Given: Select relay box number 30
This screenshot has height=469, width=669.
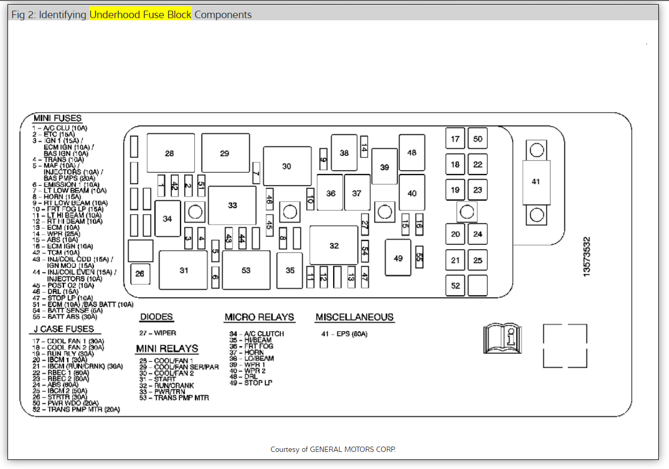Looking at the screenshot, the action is click(x=287, y=166).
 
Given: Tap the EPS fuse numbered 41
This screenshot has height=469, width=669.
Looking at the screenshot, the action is click(x=536, y=181).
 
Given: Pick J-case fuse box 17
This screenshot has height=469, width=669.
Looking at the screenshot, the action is click(x=455, y=139).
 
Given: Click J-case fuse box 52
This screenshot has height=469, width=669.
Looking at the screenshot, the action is click(x=455, y=285).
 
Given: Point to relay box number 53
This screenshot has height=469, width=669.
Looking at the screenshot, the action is click(x=246, y=270).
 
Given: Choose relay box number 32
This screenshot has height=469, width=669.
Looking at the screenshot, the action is click(x=334, y=245).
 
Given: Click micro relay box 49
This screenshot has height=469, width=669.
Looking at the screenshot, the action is click(x=398, y=258).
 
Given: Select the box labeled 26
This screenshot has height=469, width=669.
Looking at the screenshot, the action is click(x=140, y=274).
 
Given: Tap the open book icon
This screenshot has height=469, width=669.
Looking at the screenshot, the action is click(x=501, y=338).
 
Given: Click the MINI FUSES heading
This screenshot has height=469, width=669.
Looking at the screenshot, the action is click(x=58, y=118).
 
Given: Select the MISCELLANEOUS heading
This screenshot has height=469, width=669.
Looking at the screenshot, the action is click(x=355, y=317).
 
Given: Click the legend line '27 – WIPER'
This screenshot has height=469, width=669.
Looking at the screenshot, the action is click(x=158, y=333).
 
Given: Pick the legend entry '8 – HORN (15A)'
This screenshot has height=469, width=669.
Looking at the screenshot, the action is click(x=57, y=196).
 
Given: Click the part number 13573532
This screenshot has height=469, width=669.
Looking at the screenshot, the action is click(x=587, y=256).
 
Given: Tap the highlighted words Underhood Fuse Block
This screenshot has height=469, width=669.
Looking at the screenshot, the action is click(x=140, y=14).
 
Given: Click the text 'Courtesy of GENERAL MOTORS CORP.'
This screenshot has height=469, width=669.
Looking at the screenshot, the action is click(x=333, y=449).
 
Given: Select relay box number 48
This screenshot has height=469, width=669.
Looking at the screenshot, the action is click(x=412, y=153).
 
